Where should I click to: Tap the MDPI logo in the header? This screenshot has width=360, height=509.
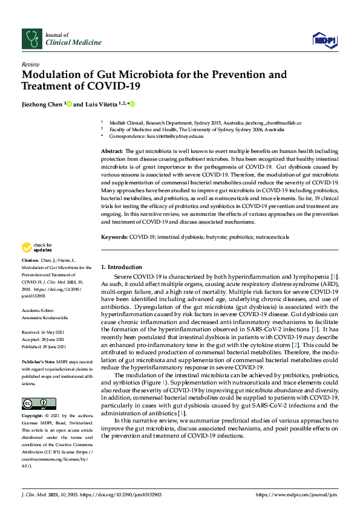click(323, 40)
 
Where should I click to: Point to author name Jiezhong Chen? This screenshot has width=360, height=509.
click(42, 104)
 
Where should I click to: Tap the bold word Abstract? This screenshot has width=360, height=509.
click(112, 151)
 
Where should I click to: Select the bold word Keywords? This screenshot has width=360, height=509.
click(114, 238)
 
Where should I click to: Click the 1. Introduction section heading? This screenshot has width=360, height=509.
click(121, 267)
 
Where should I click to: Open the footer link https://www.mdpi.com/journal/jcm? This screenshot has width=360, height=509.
click(295, 494)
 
